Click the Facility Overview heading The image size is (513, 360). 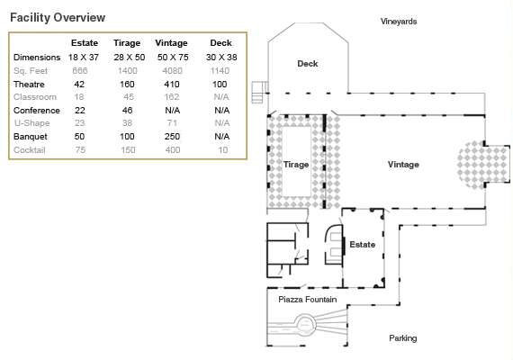coord(57,17)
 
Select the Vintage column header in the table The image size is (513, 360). coord(171,43)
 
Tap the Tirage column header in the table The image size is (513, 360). coord(127,43)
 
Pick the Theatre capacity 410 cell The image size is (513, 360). coord(171,84)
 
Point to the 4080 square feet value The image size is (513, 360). coord(171,70)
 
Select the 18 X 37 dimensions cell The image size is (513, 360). coord(85,57)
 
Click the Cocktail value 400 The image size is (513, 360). coord(171,149)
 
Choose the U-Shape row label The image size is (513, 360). coord(31,123)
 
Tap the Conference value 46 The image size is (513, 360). coord(127,110)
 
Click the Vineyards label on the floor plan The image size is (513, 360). coord(398,21)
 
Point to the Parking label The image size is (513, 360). coord(402,338)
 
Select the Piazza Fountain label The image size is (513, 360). coord(307,299)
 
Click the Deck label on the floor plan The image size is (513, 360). coord(308,64)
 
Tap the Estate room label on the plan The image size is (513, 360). coord(362,244)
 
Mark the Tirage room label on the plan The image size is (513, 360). coord(296,166)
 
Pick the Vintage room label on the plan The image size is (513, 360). coord(403,165)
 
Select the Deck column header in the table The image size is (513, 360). coord(220,43)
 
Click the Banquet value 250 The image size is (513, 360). coord(171,136)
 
